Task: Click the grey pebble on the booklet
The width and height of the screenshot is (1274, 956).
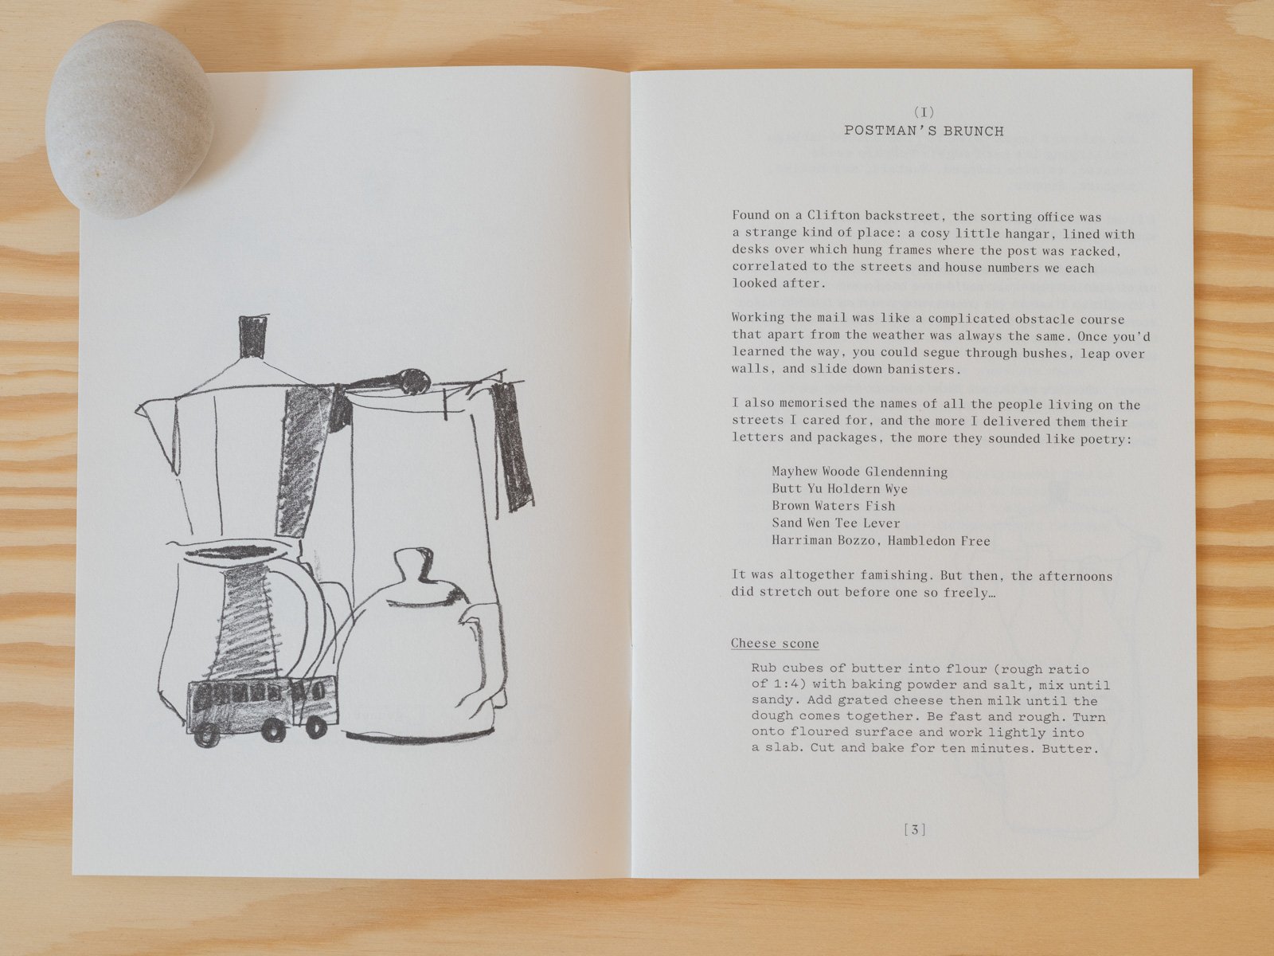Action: pyautogui.click(x=129, y=119)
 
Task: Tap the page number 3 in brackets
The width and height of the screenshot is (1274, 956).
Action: pyautogui.click(x=915, y=829)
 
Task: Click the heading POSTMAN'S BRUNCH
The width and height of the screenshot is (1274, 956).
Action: pyautogui.click(x=924, y=131)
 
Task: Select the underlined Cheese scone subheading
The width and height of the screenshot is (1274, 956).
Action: pyautogui.click(x=775, y=643)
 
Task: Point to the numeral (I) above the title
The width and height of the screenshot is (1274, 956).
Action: pyautogui.click(x=924, y=112)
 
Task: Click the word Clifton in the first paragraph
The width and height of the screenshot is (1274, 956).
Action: pyautogui.click(x=833, y=215)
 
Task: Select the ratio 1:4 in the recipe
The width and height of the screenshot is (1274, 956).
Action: pyautogui.click(x=793, y=684)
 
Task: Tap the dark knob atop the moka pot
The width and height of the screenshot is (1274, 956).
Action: pyautogui.click(x=253, y=337)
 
